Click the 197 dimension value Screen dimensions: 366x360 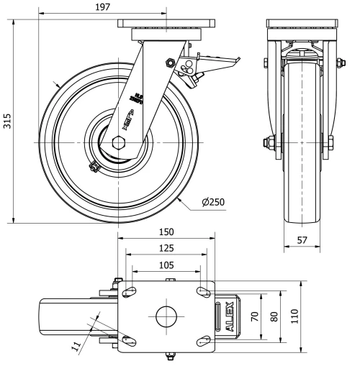103,7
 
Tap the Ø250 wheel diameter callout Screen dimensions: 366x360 214,203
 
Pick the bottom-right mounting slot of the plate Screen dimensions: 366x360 202,339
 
